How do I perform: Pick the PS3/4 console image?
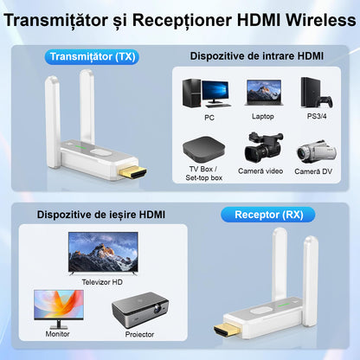(312, 92)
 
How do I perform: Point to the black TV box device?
(205, 147)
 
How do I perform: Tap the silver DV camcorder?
(313, 149)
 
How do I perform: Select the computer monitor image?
(58, 307)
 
